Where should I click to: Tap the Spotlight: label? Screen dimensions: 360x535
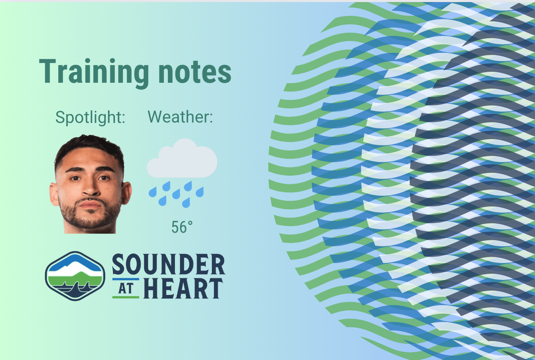(90, 117)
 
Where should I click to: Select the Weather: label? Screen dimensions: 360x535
(180, 117)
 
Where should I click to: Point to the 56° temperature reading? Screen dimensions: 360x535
(182, 227)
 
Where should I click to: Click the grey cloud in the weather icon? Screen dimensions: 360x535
(182, 160)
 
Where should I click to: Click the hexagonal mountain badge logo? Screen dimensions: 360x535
(75, 276)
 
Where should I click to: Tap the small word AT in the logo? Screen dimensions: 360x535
(126, 289)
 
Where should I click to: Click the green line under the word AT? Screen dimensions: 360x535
(126, 297)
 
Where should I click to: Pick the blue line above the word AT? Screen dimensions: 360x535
(126, 280)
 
